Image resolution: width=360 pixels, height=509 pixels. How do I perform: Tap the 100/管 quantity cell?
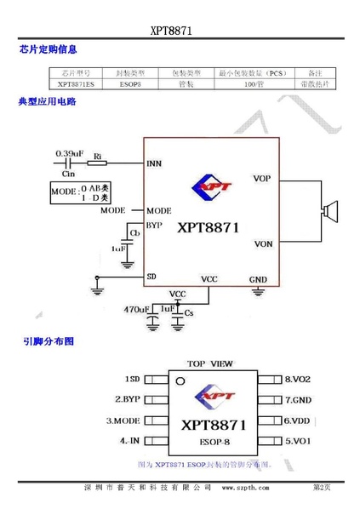pyautogui.click(x=253, y=85)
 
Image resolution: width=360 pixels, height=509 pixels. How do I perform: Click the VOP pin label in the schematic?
pyautogui.click(x=262, y=178)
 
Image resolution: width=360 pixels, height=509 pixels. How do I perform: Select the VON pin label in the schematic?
pyautogui.click(x=262, y=244)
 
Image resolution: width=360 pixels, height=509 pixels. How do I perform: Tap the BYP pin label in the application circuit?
pyautogui.click(x=154, y=226)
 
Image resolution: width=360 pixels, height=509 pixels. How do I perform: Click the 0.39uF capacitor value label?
pyautogui.click(x=69, y=153)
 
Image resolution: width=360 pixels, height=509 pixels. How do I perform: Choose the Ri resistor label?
pyautogui.click(x=98, y=156)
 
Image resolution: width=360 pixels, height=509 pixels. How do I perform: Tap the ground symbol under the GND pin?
pyautogui.click(x=258, y=293)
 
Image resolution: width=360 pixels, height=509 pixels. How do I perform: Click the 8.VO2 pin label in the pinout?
pyautogui.click(x=299, y=378)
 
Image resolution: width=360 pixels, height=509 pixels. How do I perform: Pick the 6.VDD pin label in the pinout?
pyautogui.click(x=299, y=420)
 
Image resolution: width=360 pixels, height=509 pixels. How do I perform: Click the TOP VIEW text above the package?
pyautogui.click(x=209, y=362)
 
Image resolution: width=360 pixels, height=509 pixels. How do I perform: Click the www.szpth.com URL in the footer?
pyautogui.click(x=245, y=488)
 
